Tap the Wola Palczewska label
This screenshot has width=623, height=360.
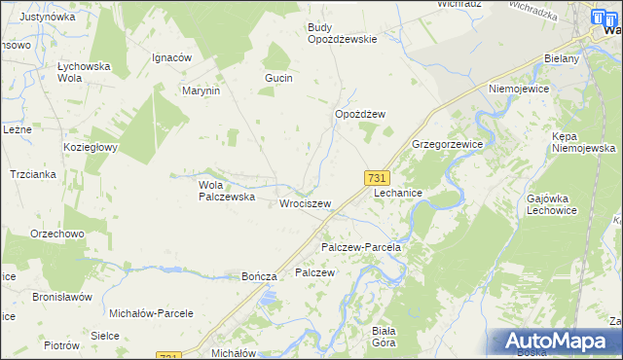226,190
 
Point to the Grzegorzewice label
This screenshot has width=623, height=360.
447,143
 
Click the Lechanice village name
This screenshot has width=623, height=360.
398,193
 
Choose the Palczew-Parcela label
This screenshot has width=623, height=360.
361,247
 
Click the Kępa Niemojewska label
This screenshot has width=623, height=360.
582,142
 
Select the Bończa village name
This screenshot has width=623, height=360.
260,276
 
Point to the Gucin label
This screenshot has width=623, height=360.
278,77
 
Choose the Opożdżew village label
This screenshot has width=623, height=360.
360,114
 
